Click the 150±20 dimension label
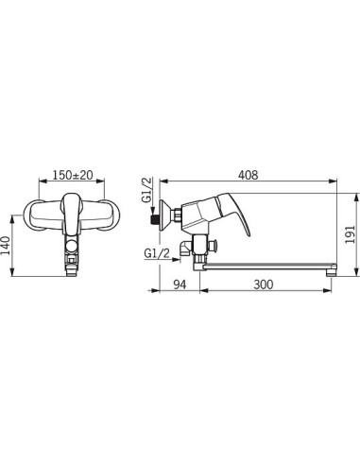[x=73, y=175]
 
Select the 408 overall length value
[x=248, y=175]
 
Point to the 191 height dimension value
[x=351, y=234]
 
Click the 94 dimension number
[x=180, y=284]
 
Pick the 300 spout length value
[x=264, y=284]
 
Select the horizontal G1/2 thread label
[x=157, y=253]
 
